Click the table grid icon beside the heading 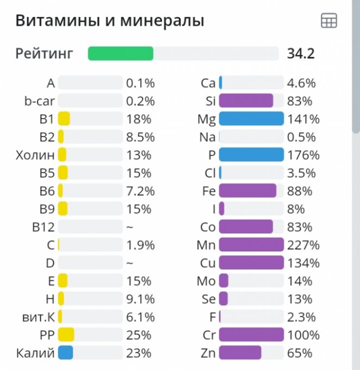[x=329, y=21]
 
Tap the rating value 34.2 [x=301, y=53]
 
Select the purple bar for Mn [x=251, y=245]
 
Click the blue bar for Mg [x=251, y=119]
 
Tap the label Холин [x=35, y=155]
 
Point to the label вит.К [x=36, y=317]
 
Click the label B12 [x=44, y=227]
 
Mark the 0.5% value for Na [x=302, y=137]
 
